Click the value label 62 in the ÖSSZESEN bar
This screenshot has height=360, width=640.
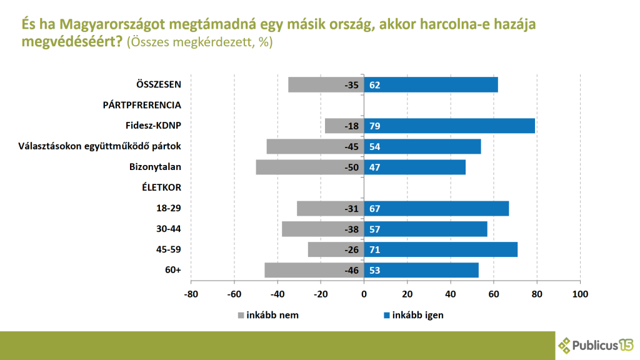click(x=375, y=84)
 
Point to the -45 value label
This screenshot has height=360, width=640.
click(x=352, y=146)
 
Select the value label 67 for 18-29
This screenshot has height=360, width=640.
click(x=375, y=208)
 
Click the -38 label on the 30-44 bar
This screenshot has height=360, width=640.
click(x=352, y=229)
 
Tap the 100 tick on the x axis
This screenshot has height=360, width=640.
click(x=580, y=294)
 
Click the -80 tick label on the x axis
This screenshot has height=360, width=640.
click(x=191, y=294)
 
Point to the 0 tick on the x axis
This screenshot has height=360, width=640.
click(x=364, y=294)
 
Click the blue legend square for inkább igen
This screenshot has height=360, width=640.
click(x=385, y=315)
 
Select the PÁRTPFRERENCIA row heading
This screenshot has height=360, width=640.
click(x=142, y=105)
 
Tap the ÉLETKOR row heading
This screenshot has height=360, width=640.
click(x=161, y=187)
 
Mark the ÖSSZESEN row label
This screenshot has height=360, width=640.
click(x=159, y=84)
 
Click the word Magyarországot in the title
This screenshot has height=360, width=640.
click(x=109, y=24)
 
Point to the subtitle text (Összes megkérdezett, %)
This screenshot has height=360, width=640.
click(x=199, y=42)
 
